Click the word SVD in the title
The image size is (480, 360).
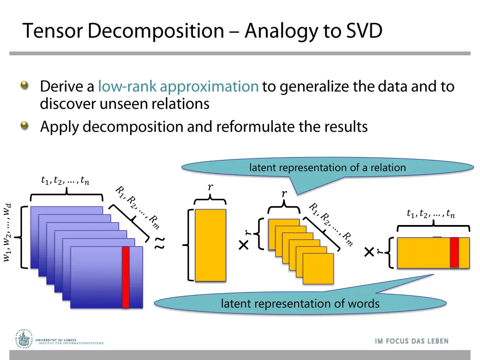364,31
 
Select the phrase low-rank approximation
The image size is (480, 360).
178,87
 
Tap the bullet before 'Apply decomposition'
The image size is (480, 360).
24,126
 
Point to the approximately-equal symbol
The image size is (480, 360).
160,242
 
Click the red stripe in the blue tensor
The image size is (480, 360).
126,277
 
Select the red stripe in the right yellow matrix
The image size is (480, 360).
454,252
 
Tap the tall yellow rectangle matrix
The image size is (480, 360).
210,245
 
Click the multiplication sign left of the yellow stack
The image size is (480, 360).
243,245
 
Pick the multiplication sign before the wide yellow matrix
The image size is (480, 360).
369,253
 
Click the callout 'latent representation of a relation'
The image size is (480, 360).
327,168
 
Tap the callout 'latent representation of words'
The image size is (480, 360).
300,304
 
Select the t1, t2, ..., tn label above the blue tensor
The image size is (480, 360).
65,180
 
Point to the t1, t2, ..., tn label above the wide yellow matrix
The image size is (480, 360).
431,214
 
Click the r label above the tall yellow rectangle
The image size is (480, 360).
210,187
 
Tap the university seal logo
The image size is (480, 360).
22,338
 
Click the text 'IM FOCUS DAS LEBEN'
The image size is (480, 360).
412,341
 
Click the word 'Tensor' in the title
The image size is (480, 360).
53,31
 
